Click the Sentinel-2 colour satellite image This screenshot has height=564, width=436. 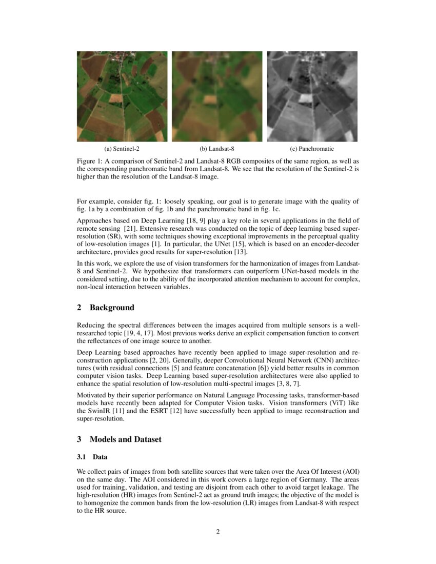pyautogui.click(x=122, y=96)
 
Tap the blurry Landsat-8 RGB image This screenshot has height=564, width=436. pyautogui.click(x=217, y=96)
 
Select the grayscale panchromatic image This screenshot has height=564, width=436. pyautogui.click(x=312, y=96)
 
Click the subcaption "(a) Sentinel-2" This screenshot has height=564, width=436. pyautogui.click(x=122, y=149)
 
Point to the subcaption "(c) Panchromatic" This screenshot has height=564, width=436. pyautogui.click(x=312, y=149)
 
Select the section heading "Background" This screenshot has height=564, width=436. pyautogui.click(x=112, y=308)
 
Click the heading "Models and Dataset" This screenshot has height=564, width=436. pyautogui.click(x=125, y=439)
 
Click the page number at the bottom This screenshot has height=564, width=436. pyautogui.click(x=218, y=532)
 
